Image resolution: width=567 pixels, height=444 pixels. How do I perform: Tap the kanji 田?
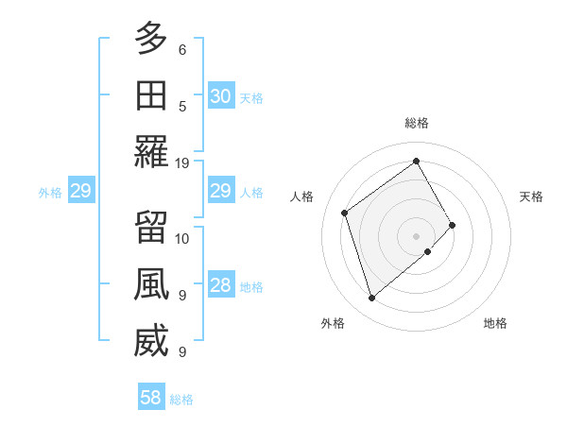pyautogui.click(x=151, y=95)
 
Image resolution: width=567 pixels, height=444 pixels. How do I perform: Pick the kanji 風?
pyautogui.click(x=151, y=284)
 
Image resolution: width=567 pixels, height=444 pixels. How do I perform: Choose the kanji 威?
pyautogui.click(x=151, y=342)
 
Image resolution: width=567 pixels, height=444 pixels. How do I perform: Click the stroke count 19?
pyautogui.click(x=182, y=163)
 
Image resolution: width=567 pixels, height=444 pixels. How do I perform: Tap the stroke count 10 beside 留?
pyautogui.click(x=182, y=237)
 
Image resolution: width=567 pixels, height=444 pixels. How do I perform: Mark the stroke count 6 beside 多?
pyautogui.click(x=182, y=49)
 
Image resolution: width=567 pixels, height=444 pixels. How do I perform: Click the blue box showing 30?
pyautogui.click(x=220, y=96)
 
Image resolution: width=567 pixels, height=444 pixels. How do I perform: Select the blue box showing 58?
pyautogui.click(x=151, y=398)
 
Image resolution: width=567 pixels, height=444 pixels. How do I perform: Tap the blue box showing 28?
pyautogui.click(x=220, y=285)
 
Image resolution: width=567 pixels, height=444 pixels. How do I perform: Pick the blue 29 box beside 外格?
pyautogui.click(x=80, y=192)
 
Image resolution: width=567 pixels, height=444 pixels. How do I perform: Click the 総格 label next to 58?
pyautogui.click(x=181, y=400)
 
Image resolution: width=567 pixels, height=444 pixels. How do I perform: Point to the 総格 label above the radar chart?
pyautogui.click(x=416, y=123)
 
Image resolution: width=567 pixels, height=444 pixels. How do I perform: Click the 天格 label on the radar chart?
pyautogui.click(x=531, y=196)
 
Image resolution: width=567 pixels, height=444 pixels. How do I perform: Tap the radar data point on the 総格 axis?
pyautogui.click(x=416, y=161)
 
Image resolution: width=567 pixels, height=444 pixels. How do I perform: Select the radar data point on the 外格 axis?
pyautogui.click(x=371, y=299)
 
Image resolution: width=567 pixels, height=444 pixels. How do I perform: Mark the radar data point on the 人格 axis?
pyautogui.click(x=345, y=213)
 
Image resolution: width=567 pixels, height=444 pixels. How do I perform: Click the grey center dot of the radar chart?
pyautogui.click(x=416, y=234)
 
